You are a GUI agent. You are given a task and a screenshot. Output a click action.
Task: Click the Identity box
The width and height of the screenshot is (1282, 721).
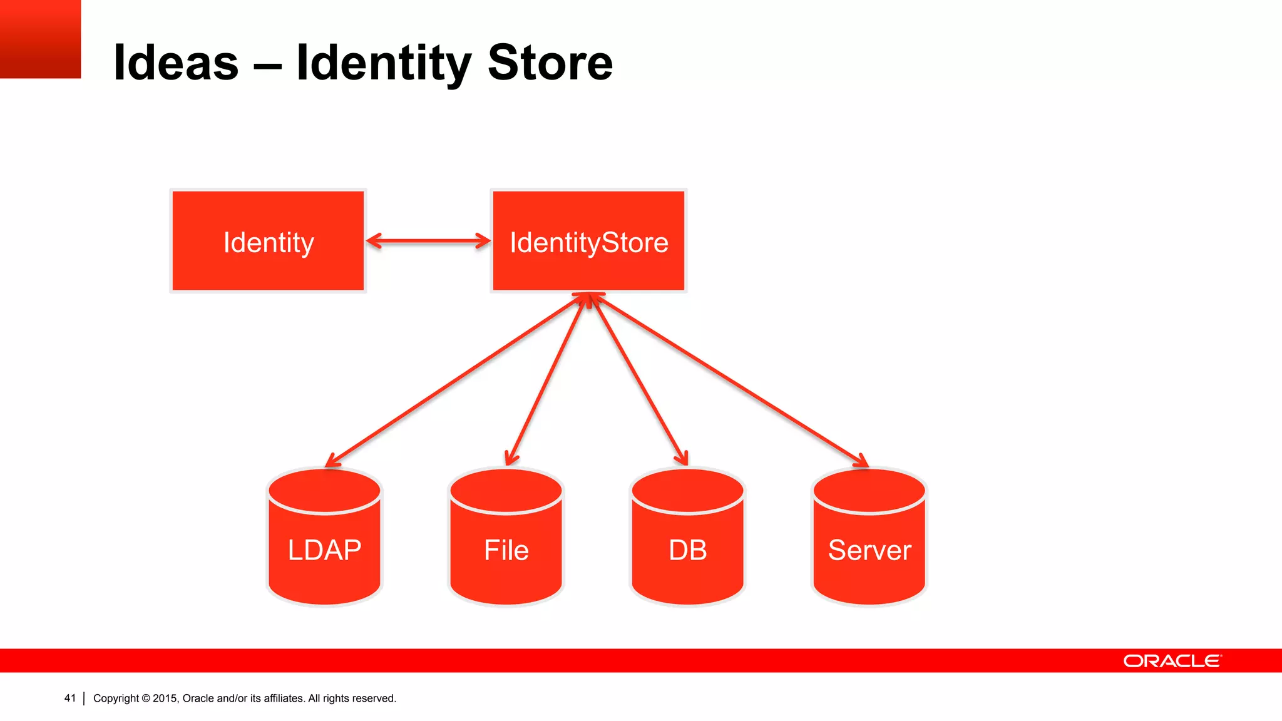[268, 241]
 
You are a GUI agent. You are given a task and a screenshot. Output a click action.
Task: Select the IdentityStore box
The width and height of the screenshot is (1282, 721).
[588, 241]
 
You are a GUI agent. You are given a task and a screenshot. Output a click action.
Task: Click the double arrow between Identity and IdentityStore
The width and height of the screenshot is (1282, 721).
[428, 241]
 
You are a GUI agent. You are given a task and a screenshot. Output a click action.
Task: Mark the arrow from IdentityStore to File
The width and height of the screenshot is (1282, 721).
[546, 380]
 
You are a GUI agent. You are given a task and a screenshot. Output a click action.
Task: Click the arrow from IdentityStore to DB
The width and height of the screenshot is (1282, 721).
[638, 380]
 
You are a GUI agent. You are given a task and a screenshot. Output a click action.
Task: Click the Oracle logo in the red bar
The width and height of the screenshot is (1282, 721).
[1172, 661]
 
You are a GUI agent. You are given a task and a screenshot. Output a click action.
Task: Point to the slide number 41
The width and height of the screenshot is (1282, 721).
[69, 698]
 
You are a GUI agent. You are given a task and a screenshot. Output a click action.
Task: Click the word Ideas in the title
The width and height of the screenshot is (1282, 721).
[176, 63]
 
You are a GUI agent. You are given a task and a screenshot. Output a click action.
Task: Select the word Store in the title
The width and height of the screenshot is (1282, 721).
[550, 63]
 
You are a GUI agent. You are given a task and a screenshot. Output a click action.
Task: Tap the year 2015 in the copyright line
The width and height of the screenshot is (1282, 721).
[165, 698]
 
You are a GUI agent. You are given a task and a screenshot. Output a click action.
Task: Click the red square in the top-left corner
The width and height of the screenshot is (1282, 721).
[40, 39]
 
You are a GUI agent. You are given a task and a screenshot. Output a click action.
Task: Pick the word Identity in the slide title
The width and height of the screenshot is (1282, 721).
[383, 63]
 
